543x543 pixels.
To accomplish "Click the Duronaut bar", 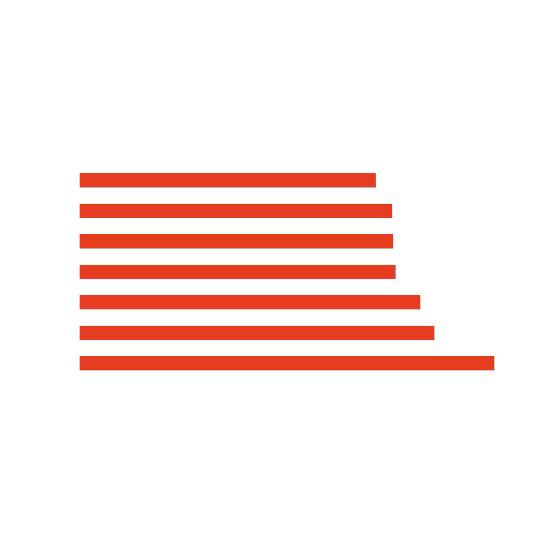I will (x=228, y=180).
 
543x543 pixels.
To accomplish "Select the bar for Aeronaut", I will (x=287, y=363).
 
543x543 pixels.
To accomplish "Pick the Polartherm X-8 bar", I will (x=257, y=333).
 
